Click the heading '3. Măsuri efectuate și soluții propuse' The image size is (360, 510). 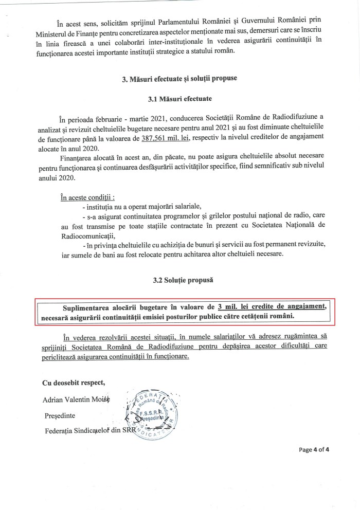(x=179, y=80)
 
